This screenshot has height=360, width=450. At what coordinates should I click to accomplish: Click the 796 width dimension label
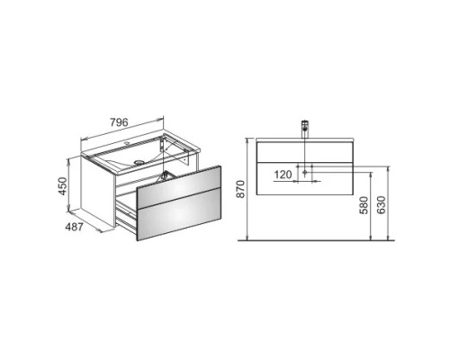[119, 122]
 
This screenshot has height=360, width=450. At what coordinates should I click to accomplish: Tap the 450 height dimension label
[63, 186]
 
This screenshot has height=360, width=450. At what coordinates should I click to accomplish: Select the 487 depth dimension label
[74, 227]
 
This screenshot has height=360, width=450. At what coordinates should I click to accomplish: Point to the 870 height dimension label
[240, 189]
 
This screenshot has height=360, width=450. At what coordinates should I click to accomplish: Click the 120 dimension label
[283, 175]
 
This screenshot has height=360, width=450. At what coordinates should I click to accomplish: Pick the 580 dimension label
[364, 205]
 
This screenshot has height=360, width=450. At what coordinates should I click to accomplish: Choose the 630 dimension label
[381, 205]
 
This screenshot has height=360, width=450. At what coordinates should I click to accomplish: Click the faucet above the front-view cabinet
[305, 129]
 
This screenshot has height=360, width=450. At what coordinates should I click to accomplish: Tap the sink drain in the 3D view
[139, 162]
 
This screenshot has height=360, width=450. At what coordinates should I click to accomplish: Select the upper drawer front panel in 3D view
[179, 187]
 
